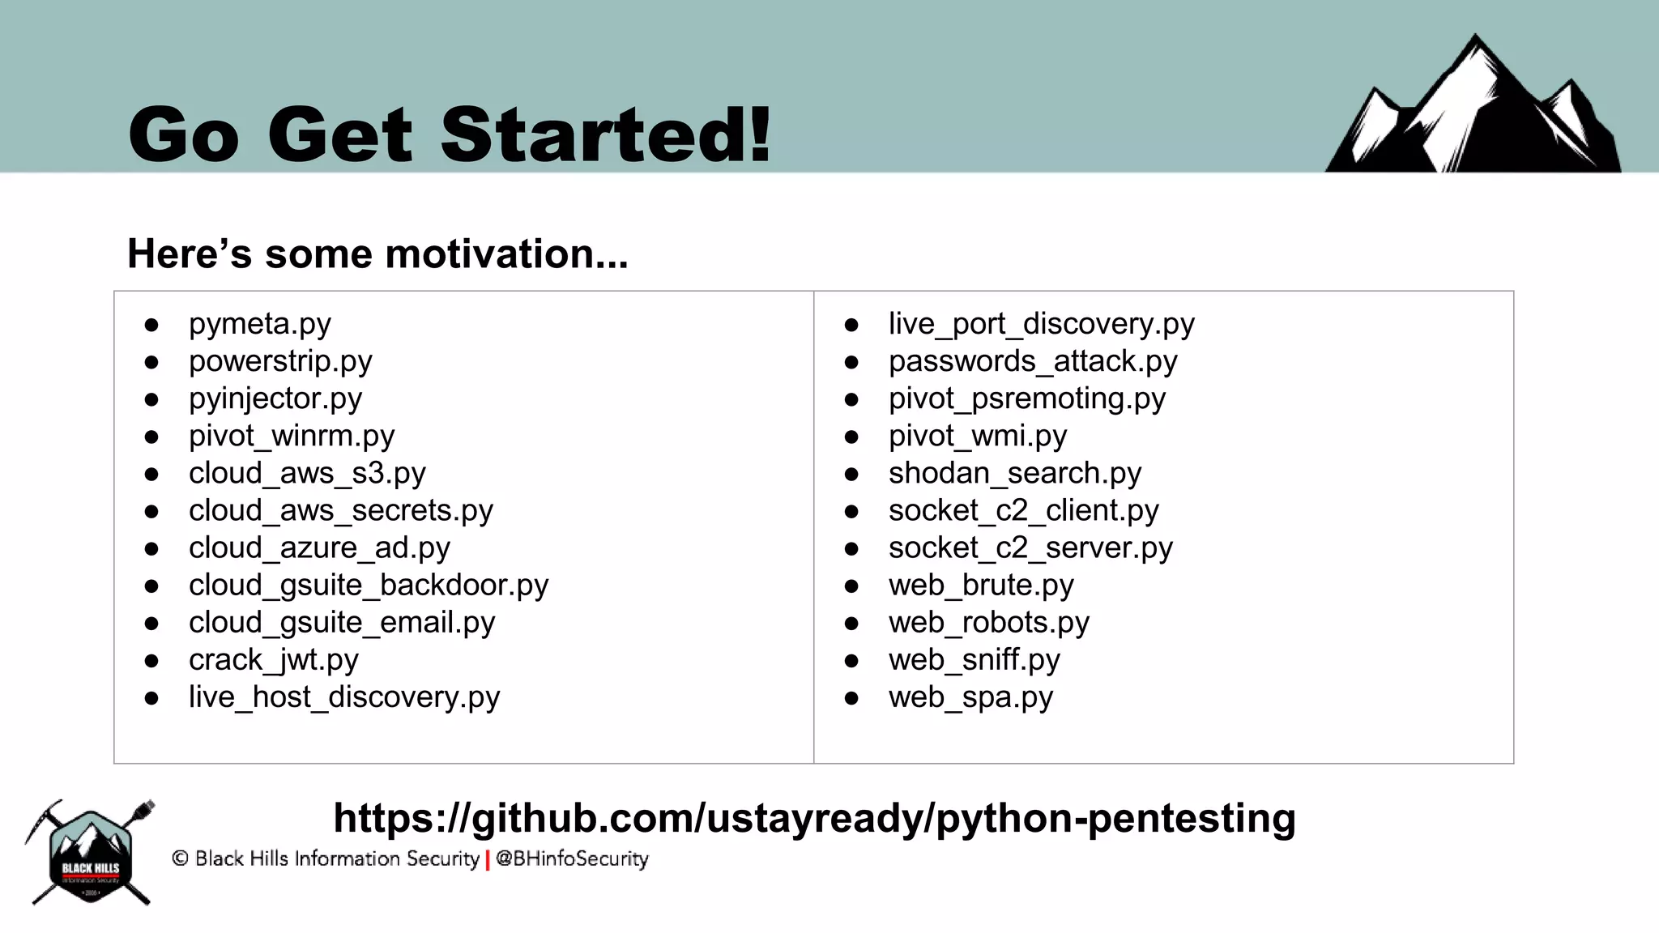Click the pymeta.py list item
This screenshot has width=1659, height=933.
pyautogui.click(x=259, y=324)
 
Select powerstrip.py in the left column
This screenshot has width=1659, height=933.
pyautogui.click(x=280, y=361)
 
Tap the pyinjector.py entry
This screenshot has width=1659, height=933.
pyautogui.click(x=275, y=398)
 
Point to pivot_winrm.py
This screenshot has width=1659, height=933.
pyautogui.click(x=291, y=436)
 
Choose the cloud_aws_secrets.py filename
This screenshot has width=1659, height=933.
pyautogui.click(x=340, y=511)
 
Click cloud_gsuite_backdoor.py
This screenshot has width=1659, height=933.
pyautogui.click(x=368, y=586)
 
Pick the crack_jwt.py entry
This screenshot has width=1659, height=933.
pyautogui.click(x=273, y=660)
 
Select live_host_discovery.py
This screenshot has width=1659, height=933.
pyautogui.click(x=343, y=697)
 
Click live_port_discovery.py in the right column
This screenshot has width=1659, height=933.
pyautogui.click(x=1041, y=324)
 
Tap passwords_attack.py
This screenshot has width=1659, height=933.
pyautogui.click(x=1032, y=361)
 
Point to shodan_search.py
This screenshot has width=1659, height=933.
pyautogui.click(x=1014, y=473)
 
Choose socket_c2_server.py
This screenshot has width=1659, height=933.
pyautogui.click(x=1030, y=548)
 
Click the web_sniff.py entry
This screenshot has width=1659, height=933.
pyautogui.click(x=974, y=660)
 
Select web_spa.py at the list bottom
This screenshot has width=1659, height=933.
pyautogui.click(x=970, y=697)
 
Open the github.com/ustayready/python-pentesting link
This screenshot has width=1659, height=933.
pyautogui.click(x=814, y=818)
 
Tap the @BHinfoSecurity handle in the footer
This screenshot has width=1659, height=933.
pyautogui.click(x=572, y=858)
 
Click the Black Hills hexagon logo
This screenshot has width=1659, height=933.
pyautogui.click(x=90, y=854)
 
